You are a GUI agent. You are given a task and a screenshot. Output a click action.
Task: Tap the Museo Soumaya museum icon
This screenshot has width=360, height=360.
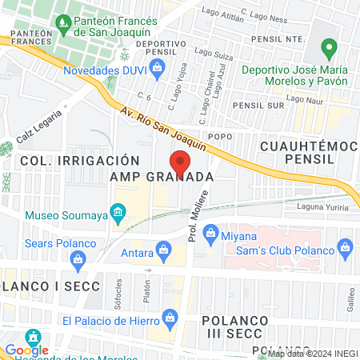pyautogui.click(x=118, y=213)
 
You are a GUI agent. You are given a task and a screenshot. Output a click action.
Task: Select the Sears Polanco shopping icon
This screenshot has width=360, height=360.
pyautogui.click(x=78, y=258)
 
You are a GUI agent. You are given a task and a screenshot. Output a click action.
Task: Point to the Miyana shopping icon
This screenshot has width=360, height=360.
pyautogui.click(x=212, y=233)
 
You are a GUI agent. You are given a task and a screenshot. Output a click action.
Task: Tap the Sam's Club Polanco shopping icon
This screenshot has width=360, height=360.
pyautogui.click(x=346, y=246)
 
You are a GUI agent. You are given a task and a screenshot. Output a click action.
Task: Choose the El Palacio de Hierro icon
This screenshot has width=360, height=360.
pyautogui.click(x=170, y=319)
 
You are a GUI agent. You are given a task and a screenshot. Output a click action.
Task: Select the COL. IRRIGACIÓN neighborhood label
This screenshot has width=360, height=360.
pyautogui.click(x=74, y=161)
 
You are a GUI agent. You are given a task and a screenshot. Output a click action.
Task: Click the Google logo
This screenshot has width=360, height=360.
pyautogui.click(x=26, y=349)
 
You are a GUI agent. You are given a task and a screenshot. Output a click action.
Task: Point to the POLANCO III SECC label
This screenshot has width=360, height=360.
pyautogui.click(x=235, y=326)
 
